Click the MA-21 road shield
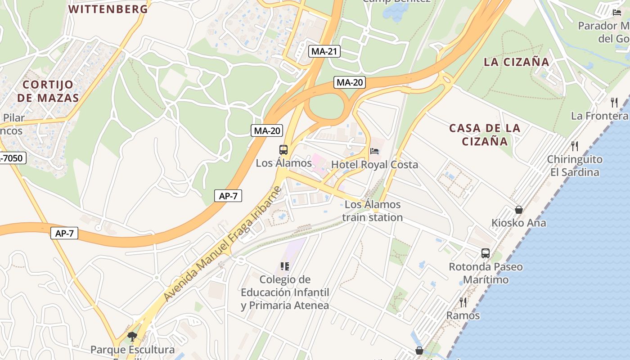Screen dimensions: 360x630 point(324,51)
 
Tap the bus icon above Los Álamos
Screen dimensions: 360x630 point(283,150)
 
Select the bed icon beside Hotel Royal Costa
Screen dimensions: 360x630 point(374,152)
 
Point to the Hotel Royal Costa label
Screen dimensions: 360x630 point(374,165)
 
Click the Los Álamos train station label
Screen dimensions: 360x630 point(373,211)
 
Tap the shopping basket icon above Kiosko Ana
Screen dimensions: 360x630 point(519,210)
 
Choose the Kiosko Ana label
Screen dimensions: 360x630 point(518,223)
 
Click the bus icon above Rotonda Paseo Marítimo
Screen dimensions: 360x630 point(486,253)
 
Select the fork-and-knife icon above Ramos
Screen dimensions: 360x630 point(463,302)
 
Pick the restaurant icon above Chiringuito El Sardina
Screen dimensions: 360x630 point(574,146)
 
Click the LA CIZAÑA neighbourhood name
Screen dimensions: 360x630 point(517,62)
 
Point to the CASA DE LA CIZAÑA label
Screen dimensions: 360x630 point(485,135)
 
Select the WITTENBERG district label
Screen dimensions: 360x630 point(108,9)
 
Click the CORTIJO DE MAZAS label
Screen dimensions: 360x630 point(51,91)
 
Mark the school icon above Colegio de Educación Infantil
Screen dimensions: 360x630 point(284,266)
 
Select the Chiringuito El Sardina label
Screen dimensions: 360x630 point(575,166)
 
